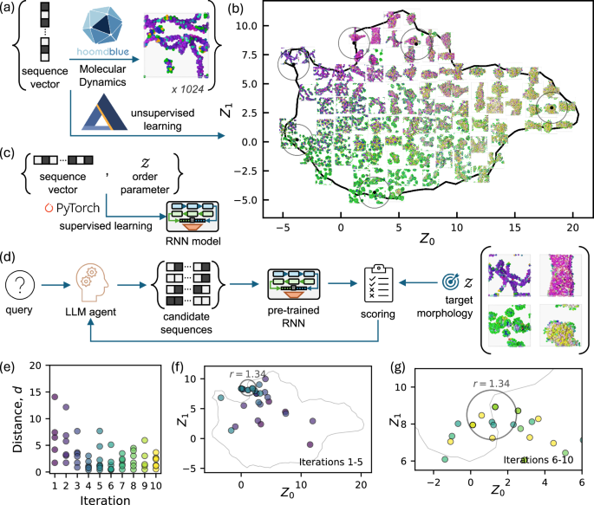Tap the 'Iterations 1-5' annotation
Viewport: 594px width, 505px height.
324,461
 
